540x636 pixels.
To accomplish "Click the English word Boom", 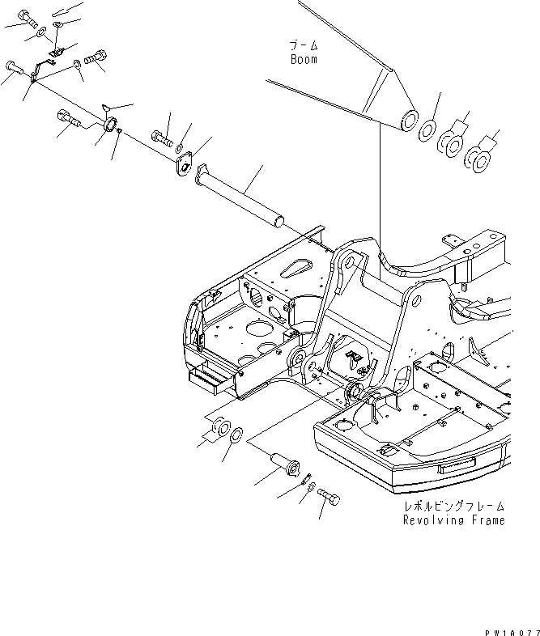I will click(x=304, y=59).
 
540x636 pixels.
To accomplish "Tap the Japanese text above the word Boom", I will click(x=304, y=45).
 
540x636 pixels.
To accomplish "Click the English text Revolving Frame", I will click(x=453, y=520).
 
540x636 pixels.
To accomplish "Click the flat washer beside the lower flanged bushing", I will click(x=234, y=437).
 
